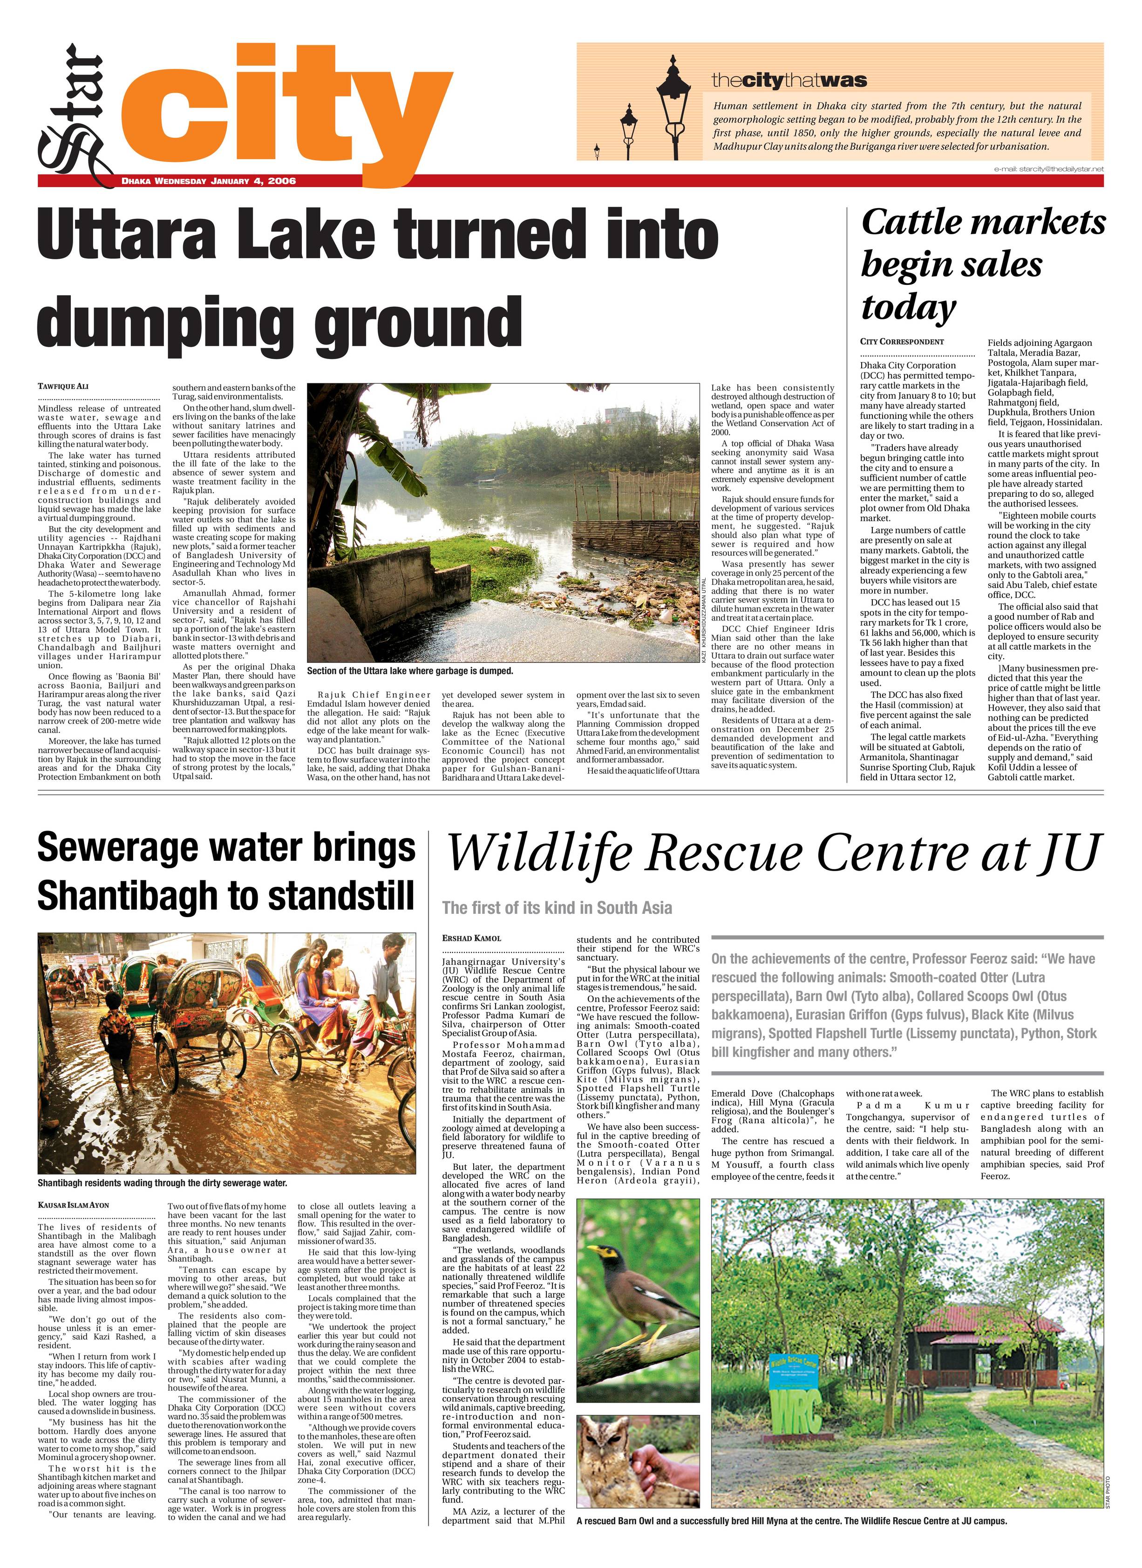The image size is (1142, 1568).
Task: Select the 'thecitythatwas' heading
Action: (x=789, y=81)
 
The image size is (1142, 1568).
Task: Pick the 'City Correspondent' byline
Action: (x=902, y=342)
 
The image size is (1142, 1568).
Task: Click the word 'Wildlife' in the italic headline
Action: (x=539, y=853)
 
